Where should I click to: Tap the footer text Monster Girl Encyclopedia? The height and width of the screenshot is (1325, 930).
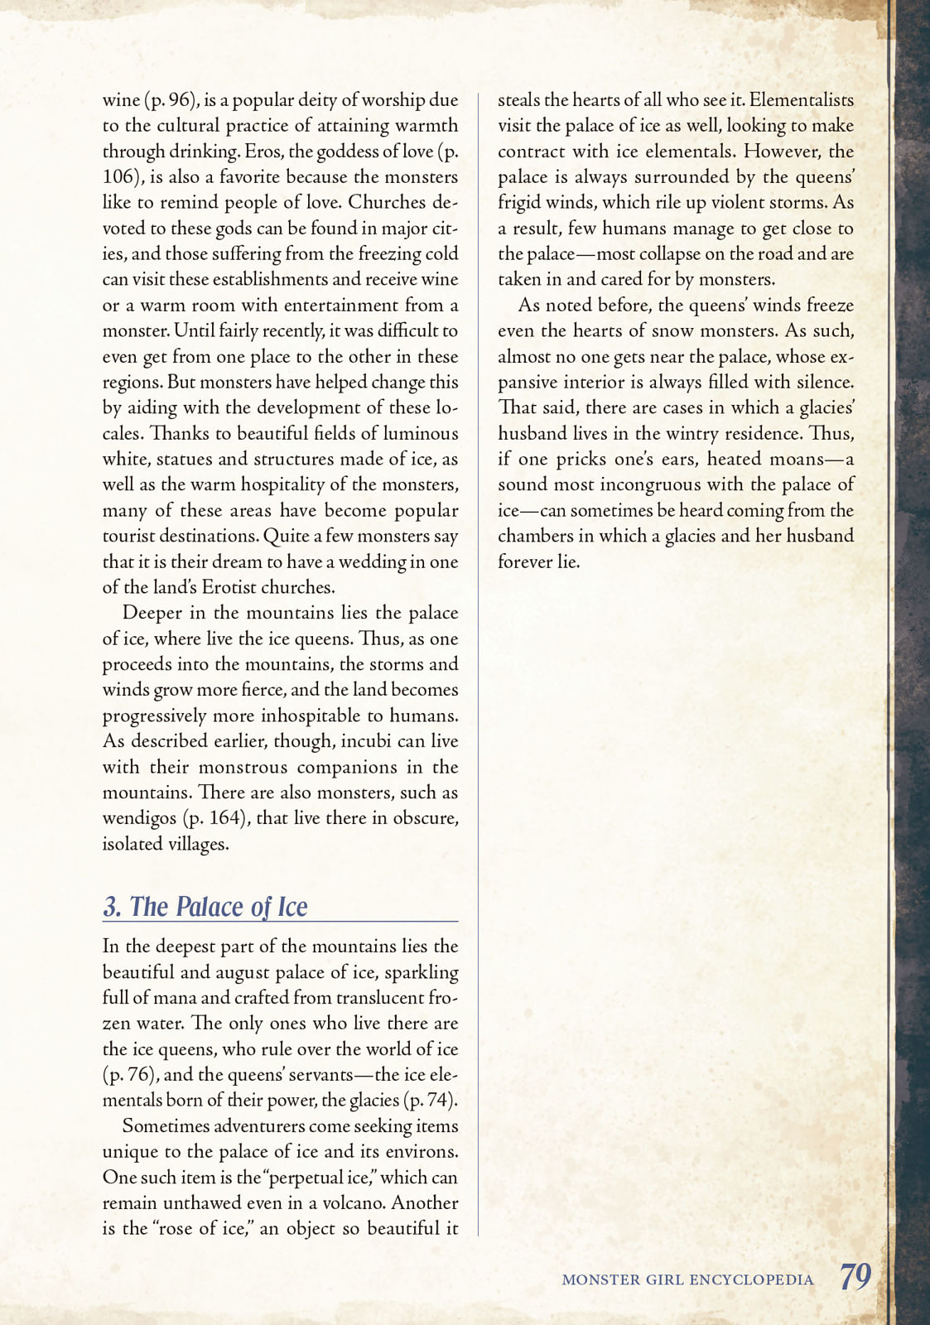click(x=687, y=1279)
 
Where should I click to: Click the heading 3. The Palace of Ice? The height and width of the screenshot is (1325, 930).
click(x=205, y=907)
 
